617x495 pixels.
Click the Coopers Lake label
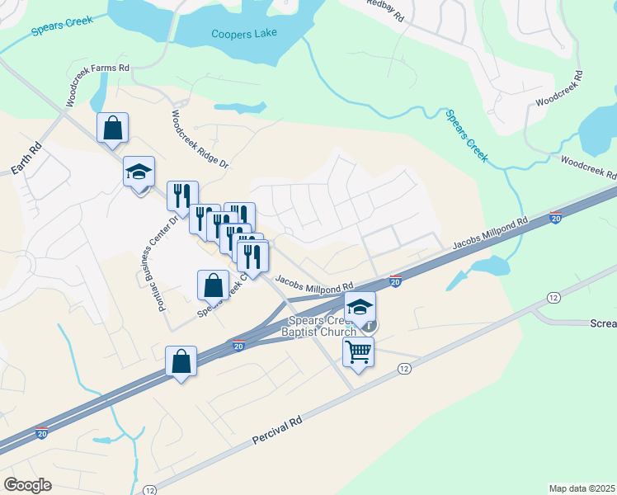pyautogui.click(x=244, y=34)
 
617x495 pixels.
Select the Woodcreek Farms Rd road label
pyautogui.click(x=98, y=80)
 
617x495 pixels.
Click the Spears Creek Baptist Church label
pyautogui.click(x=321, y=326)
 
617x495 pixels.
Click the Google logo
pyautogui.click(x=27, y=485)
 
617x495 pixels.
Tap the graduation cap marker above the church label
pyautogui.click(x=359, y=306)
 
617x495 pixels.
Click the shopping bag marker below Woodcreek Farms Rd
pyautogui.click(x=112, y=128)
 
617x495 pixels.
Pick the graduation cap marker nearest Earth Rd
pyautogui.click(x=139, y=171)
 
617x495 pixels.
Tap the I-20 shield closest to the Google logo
pyautogui.click(x=42, y=433)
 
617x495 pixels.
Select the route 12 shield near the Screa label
pyautogui.click(x=552, y=296)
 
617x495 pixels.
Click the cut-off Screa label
pyautogui.click(x=603, y=323)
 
